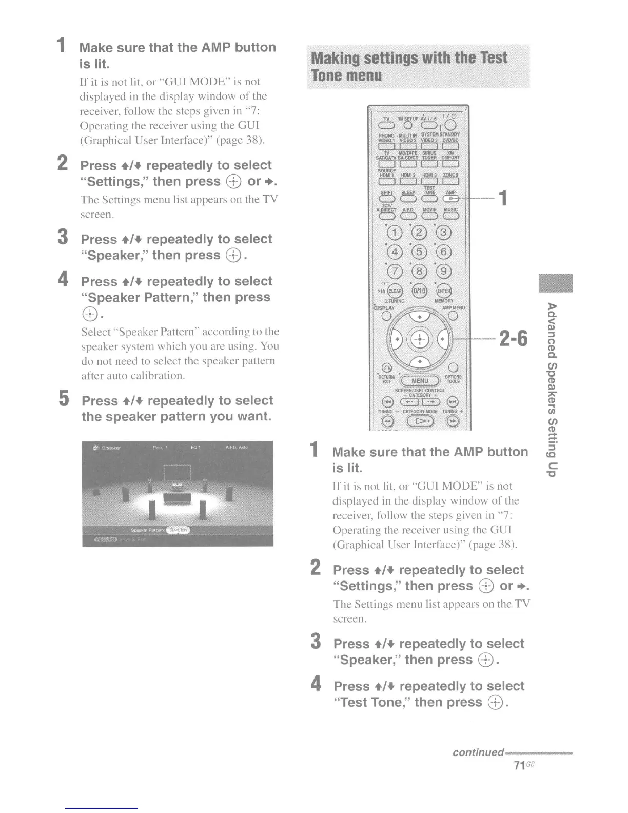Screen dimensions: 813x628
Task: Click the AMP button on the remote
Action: (452, 199)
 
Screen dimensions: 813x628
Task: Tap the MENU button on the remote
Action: (420, 381)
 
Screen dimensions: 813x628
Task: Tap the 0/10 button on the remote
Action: (420, 291)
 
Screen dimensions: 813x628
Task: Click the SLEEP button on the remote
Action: (408, 199)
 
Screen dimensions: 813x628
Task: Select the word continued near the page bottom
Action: (478, 752)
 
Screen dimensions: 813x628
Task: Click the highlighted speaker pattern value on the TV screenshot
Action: (176, 530)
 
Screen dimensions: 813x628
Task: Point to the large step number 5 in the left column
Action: (64, 398)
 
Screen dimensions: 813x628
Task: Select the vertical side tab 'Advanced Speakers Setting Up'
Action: (552, 390)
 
